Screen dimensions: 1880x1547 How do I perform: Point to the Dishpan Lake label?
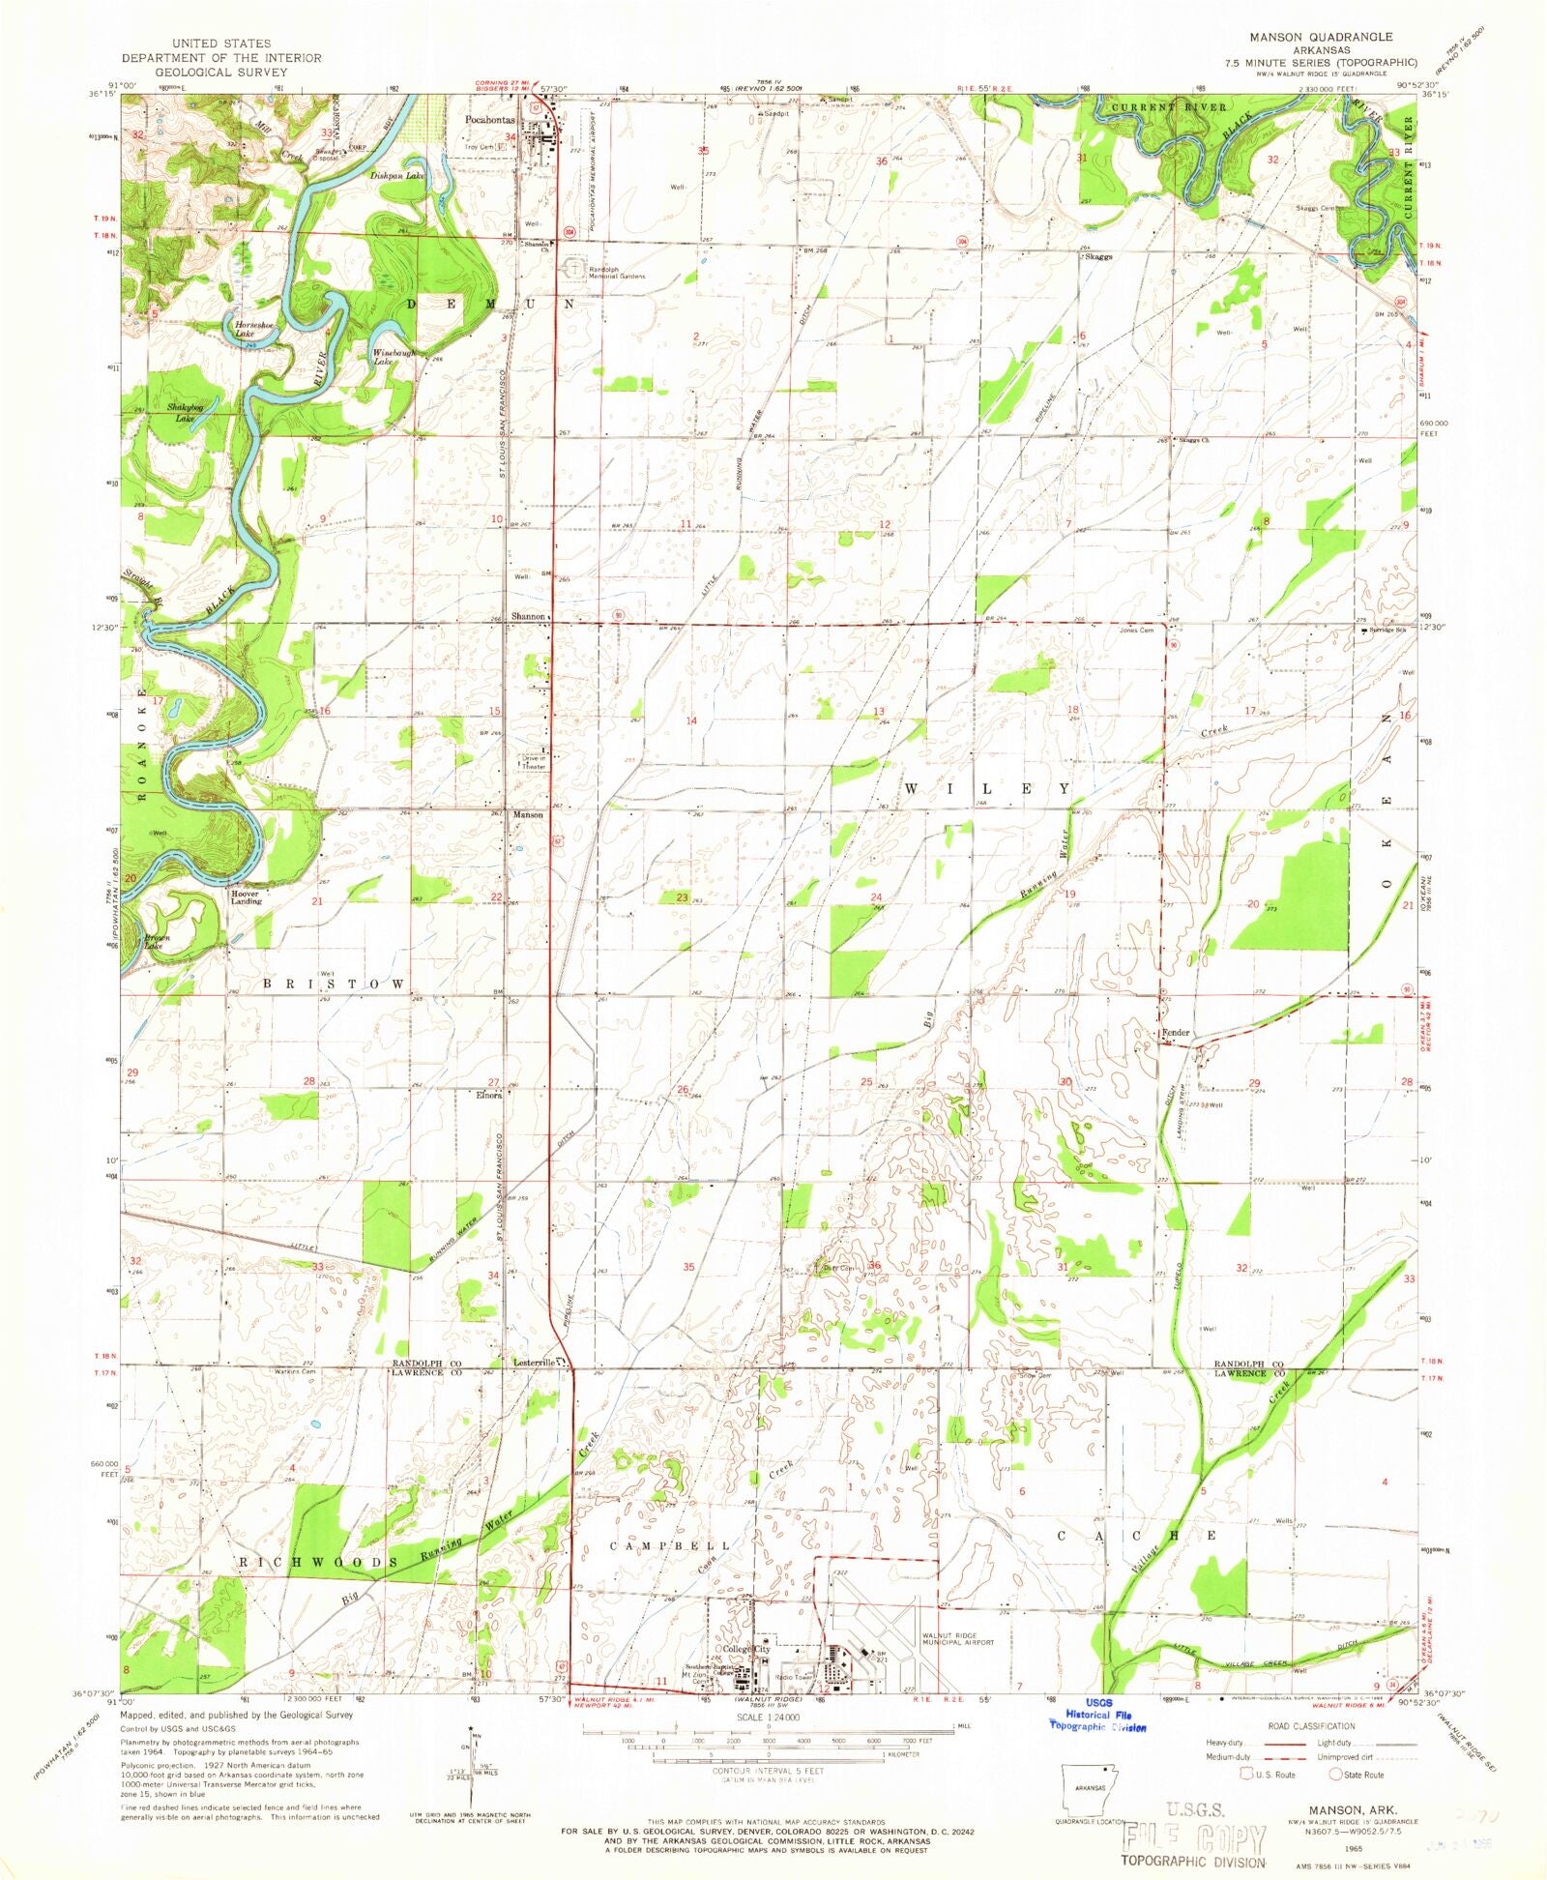tap(397, 176)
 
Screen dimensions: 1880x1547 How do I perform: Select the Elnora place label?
tap(487, 1096)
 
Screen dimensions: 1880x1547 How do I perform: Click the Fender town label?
tap(1176, 1033)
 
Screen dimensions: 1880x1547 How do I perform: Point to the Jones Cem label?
tap(1137, 631)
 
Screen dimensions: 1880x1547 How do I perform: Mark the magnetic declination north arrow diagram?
tap(472, 1755)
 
